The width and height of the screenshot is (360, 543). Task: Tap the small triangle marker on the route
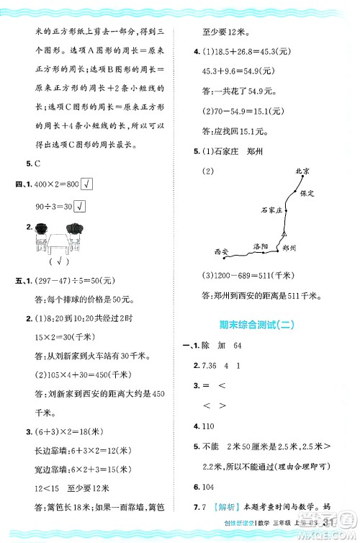pyautogui.click(x=284, y=233)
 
